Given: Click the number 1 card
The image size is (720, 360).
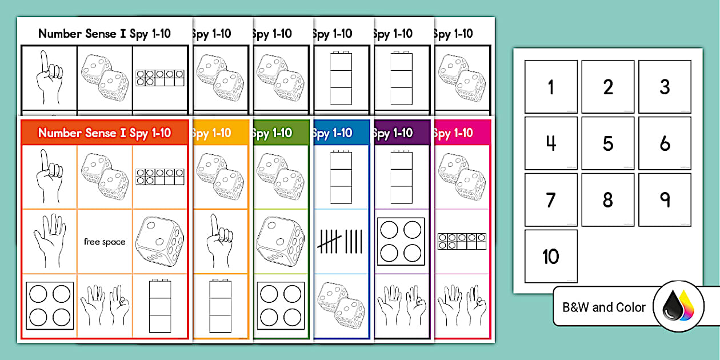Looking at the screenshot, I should (x=551, y=87).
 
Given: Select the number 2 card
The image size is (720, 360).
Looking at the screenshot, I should (x=608, y=87).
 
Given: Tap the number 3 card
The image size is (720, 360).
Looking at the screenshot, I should (x=665, y=87).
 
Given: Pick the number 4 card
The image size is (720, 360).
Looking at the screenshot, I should (x=551, y=143).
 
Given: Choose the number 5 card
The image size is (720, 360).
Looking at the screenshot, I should (x=608, y=143).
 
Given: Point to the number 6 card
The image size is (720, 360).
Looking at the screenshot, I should (x=665, y=143).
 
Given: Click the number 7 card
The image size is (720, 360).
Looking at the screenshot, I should (x=551, y=200).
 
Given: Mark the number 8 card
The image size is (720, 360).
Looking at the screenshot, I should (x=608, y=200).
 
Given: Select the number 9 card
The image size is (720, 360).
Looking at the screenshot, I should (x=665, y=200).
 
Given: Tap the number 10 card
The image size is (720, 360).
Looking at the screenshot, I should (x=551, y=257).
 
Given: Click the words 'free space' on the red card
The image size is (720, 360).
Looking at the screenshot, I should (x=105, y=242).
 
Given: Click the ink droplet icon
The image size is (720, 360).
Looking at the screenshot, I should (x=678, y=307).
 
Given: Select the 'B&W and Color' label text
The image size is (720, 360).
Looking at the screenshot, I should (x=604, y=307).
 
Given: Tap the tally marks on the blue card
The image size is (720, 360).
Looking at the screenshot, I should (x=341, y=241).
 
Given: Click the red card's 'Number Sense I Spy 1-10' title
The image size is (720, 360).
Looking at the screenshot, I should (x=105, y=133).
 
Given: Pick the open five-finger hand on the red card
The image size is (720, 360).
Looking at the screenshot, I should (x=48, y=241).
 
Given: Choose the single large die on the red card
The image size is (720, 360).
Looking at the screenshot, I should (x=159, y=242).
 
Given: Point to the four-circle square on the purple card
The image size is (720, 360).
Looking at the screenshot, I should (x=402, y=239).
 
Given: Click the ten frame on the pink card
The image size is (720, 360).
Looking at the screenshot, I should (x=462, y=241).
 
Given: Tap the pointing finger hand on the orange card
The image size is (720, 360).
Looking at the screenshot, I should (x=220, y=235).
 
